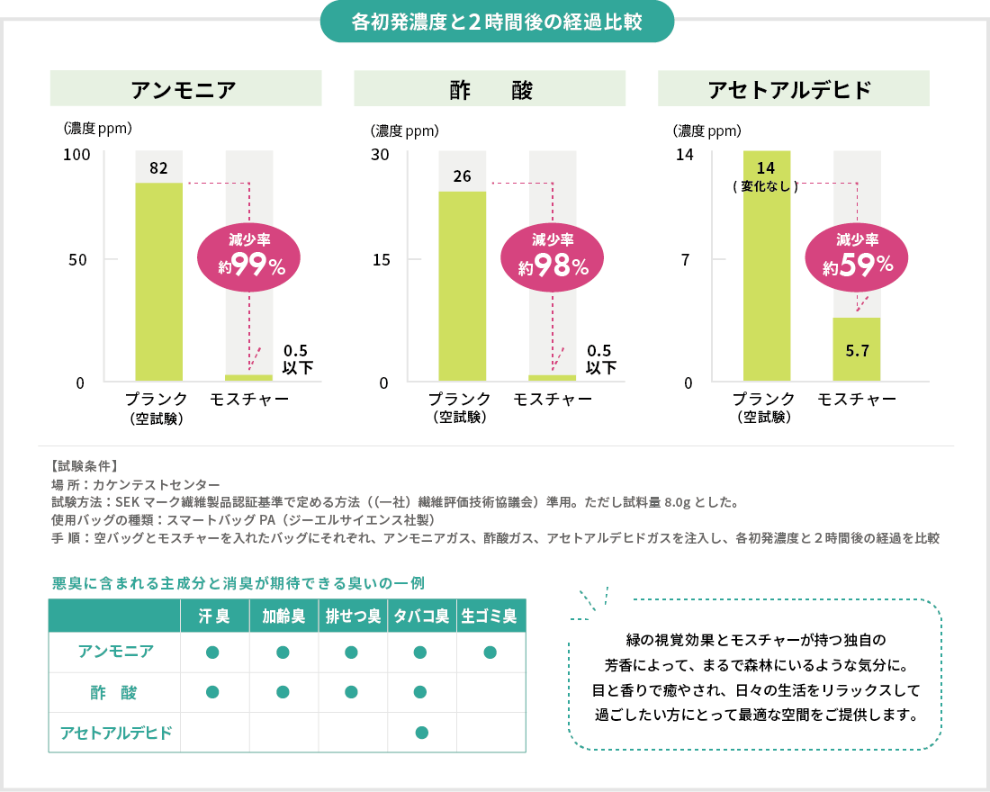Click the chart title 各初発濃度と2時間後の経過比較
pyautogui.click(x=497, y=22)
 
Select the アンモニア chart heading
pyautogui.click(x=185, y=89)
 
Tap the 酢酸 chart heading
pyautogui.click(x=490, y=89)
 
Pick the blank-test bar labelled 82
pyautogui.click(x=158, y=281)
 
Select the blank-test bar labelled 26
pyautogui.click(x=463, y=285)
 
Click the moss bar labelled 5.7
pyautogui.click(x=857, y=349)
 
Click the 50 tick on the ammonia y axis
pyautogui.click(x=79, y=259)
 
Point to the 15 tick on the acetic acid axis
pyautogui.click(x=381, y=259)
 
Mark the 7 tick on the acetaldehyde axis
pyautogui.click(x=686, y=259)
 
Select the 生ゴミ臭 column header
pyautogui.click(x=490, y=616)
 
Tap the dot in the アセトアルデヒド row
pyautogui.click(x=421, y=733)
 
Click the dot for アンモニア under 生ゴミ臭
pyautogui.click(x=490, y=652)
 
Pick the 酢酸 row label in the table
pyautogui.click(x=114, y=692)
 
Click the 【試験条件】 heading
pyautogui.click(x=85, y=466)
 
